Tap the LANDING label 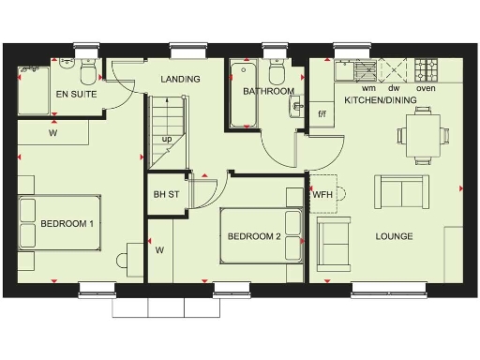179,80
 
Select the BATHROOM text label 269,92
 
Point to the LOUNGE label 393,236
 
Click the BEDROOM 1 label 67,224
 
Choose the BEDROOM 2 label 254,236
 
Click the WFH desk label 323,195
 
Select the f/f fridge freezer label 323,114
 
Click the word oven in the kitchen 426,87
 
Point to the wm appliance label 368,87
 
